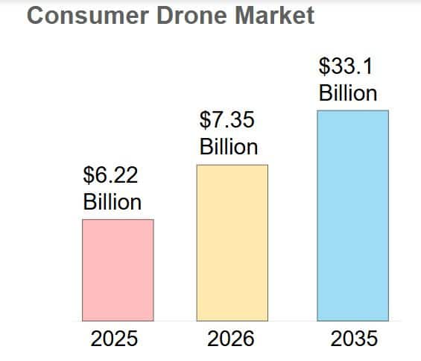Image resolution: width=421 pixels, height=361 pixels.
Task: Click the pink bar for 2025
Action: pyautogui.click(x=118, y=270)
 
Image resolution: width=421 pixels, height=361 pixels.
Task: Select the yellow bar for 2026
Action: pyautogui.click(x=232, y=242)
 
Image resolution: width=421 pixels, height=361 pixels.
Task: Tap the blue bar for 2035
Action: pyautogui.click(x=352, y=216)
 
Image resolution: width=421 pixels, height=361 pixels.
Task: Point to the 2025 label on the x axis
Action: pyautogui.click(x=114, y=339)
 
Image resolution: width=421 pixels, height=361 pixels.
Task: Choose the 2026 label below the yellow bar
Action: pyautogui.click(x=230, y=339)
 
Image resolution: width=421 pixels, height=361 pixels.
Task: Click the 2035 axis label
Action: pyautogui.click(x=354, y=339)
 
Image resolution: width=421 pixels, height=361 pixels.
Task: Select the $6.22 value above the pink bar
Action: pyautogui.click(x=110, y=176)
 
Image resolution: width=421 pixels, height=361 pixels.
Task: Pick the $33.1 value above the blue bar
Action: pyautogui.click(x=346, y=66)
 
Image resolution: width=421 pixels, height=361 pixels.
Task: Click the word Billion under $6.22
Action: pyautogui.click(x=112, y=202)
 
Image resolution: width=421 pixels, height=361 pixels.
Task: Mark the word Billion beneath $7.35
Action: pyautogui.click(x=229, y=147)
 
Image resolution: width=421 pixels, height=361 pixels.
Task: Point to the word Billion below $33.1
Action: pyautogui.click(x=348, y=93)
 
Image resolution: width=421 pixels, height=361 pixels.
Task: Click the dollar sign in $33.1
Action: pyautogui.click(x=324, y=66)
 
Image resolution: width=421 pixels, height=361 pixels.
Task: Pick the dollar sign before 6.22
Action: pyautogui.click(x=89, y=176)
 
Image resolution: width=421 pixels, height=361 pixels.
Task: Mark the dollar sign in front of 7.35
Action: pyautogui.click(x=205, y=121)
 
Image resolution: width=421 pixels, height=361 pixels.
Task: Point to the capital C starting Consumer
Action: pyautogui.click(x=36, y=16)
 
